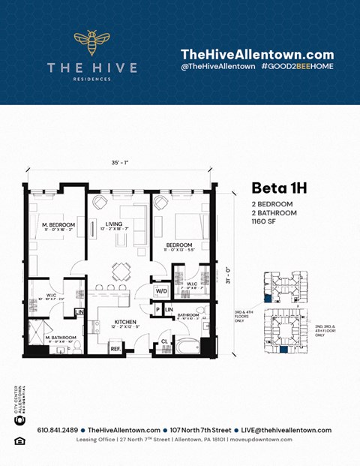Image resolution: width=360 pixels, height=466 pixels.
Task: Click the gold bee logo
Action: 91,44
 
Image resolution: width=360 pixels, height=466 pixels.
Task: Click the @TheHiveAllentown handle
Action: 215,67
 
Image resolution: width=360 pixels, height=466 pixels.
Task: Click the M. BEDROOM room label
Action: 56,226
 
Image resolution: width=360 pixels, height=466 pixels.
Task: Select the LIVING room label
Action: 114,223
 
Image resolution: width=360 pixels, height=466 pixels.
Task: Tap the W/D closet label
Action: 160,290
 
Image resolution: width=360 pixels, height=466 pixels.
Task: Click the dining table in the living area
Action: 121,271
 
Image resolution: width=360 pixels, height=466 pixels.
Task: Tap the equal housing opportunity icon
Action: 20,440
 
